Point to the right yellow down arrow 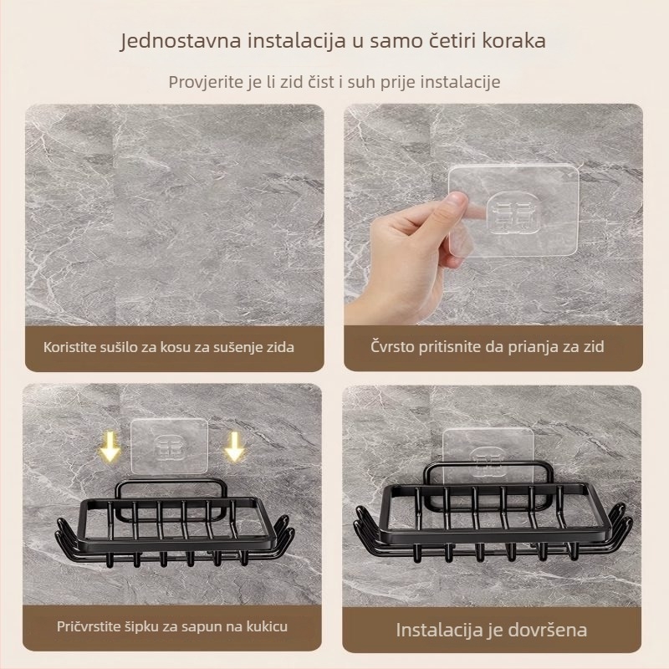(x=234, y=447)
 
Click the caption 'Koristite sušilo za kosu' (x=170, y=346)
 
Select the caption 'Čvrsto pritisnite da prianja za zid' (x=488, y=346)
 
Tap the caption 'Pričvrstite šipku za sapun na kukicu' (x=173, y=625)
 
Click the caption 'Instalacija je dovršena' (x=491, y=630)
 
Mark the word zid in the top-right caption (x=593, y=346)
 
